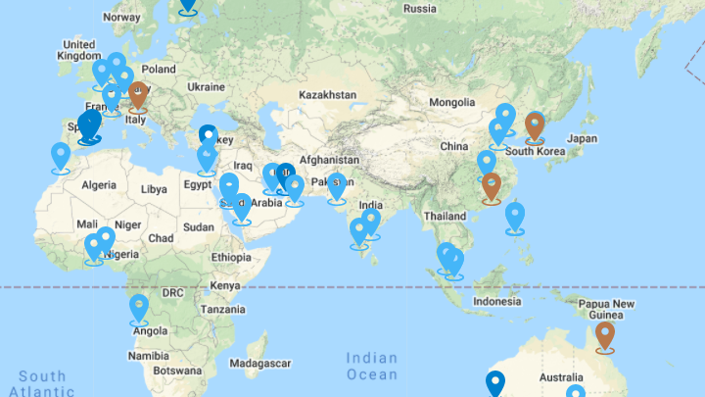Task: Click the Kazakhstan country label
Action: (328, 95)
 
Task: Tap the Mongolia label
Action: (451, 102)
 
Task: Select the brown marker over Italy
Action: (137, 95)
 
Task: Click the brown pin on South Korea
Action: (535, 125)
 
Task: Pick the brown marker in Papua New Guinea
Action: (605, 335)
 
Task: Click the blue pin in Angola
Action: (139, 308)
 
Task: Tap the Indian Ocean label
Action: (372, 367)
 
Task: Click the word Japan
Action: (582, 138)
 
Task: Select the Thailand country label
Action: (445, 215)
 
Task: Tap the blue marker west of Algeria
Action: (62, 156)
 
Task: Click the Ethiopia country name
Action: (232, 257)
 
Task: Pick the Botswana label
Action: (178, 372)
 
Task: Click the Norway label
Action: (121, 17)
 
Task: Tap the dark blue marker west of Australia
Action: (496, 383)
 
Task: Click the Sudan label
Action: (198, 226)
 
